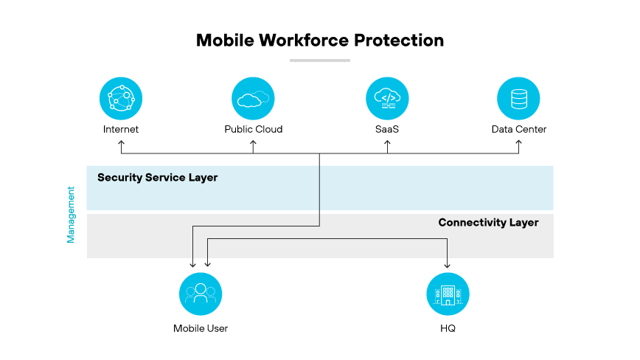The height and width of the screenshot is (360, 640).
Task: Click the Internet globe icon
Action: (121, 98)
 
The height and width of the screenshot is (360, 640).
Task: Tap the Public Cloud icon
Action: (253, 98)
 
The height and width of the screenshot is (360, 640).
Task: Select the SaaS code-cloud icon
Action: (387, 98)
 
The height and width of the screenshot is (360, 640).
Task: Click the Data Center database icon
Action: (519, 98)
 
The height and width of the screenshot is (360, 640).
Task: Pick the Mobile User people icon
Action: (201, 294)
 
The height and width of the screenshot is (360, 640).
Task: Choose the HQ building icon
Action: (448, 294)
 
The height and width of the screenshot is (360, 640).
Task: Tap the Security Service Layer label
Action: (157, 178)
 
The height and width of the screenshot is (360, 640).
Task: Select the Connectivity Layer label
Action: (488, 222)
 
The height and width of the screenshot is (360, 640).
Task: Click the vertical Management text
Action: (72, 214)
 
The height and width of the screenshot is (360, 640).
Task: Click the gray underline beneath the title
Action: (319, 60)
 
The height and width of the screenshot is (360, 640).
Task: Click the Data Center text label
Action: (519, 129)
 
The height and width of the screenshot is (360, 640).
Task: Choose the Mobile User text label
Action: (201, 328)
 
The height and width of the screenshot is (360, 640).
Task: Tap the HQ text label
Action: (448, 328)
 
